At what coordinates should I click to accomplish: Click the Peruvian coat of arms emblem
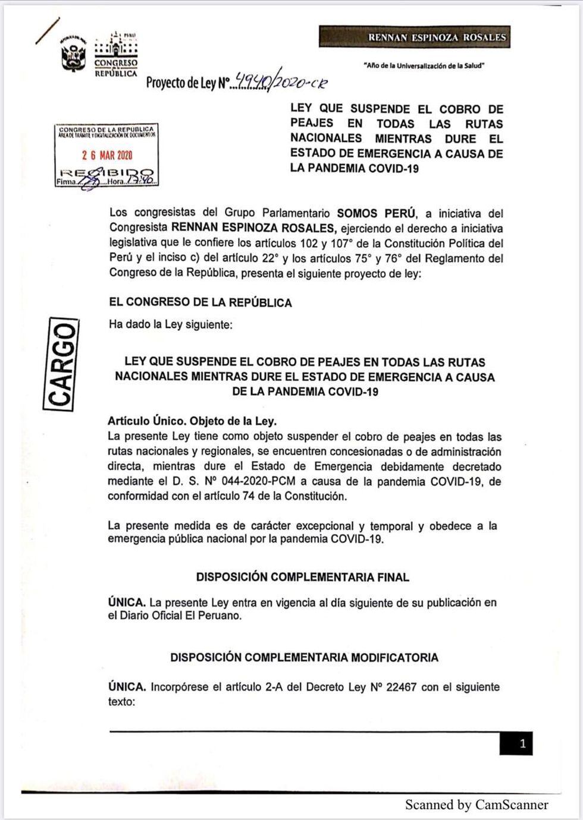coord(74,54)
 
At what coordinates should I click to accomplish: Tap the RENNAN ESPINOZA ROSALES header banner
coord(415,37)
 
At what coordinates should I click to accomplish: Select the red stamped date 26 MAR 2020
coord(107,155)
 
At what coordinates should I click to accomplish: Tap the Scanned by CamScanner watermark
coord(477,805)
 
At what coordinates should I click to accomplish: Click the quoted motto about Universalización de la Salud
coord(424,65)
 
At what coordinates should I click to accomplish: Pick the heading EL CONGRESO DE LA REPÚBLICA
coord(200,302)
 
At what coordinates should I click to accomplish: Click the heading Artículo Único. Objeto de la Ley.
coord(192,421)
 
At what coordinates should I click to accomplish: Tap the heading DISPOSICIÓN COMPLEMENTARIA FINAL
coord(302,577)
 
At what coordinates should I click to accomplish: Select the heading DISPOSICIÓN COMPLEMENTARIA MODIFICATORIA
coord(304,657)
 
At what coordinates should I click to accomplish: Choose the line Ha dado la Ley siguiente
coord(171,324)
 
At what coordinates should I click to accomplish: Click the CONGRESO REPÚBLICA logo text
coord(116,67)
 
